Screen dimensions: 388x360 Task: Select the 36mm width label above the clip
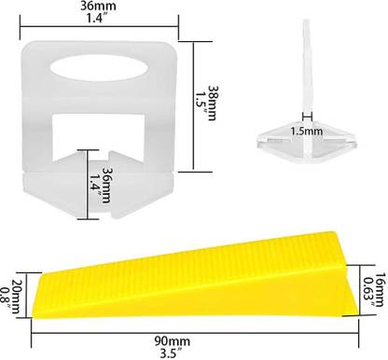pos(98,6)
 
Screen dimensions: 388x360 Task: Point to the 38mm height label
pos(213,103)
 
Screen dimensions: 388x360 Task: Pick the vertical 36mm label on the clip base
pos(106,186)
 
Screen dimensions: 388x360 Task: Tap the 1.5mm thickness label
pos(307,132)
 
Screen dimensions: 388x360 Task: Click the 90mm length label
pos(173,341)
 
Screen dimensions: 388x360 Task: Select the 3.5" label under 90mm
pos(169,353)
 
